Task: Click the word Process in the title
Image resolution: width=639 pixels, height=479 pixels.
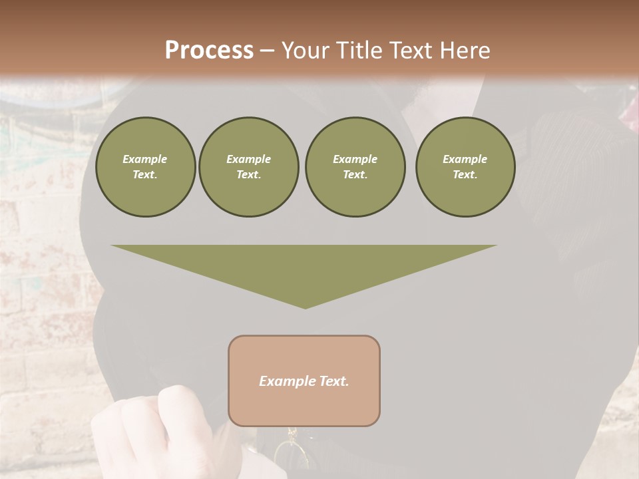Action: click(209, 51)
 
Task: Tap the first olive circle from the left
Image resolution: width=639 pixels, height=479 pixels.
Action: click(145, 167)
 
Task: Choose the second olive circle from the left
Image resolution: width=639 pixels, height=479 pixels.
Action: click(249, 167)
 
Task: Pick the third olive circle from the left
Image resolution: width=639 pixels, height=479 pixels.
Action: click(355, 167)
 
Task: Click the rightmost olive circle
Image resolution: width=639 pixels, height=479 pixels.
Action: click(465, 167)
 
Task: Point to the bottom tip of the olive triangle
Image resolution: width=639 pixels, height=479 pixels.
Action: click(306, 308)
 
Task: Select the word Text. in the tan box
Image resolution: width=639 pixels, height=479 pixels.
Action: click(334, 381)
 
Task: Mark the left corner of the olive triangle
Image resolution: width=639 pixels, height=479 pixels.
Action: click(112, 245)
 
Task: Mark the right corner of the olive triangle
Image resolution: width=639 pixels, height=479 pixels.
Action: click(496, 245)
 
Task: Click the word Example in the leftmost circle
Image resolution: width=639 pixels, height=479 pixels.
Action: click(145, 159)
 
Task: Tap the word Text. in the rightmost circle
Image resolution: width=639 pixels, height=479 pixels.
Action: click(465, 175)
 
